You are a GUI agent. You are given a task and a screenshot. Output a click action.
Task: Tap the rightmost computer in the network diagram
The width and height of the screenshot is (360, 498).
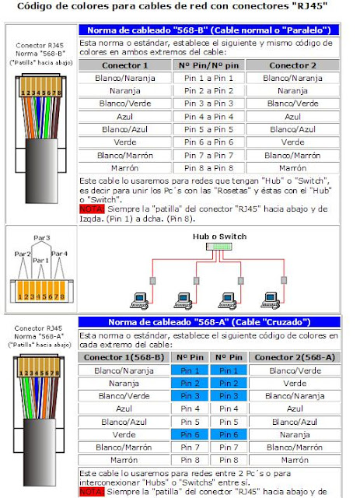tap(273, 296)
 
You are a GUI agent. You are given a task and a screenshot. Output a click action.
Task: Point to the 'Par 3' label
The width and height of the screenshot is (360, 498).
tap(41, 237)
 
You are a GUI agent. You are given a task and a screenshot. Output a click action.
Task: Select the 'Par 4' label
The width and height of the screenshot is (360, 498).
tap(61, 254)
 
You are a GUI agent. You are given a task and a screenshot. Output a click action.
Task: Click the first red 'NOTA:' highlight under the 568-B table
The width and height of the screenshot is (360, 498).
tap(91, 209)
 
